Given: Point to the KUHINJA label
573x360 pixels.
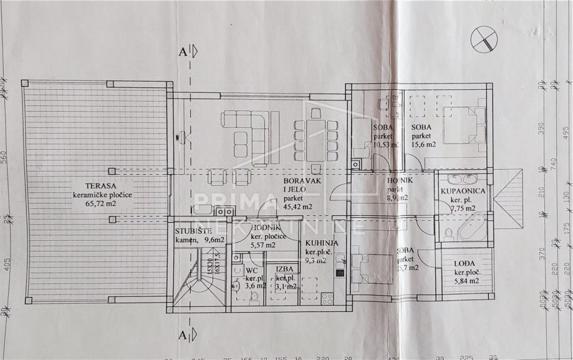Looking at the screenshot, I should click(x=322, y=244).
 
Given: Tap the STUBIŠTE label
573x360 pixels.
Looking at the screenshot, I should click(x=190, y=230).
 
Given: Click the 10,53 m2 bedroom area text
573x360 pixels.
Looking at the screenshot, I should click(x=387, y=144).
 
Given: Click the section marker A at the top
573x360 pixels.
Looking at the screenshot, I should click(x=184, y=52).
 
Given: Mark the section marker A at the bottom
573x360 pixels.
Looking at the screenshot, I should click(x=184, y=334).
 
